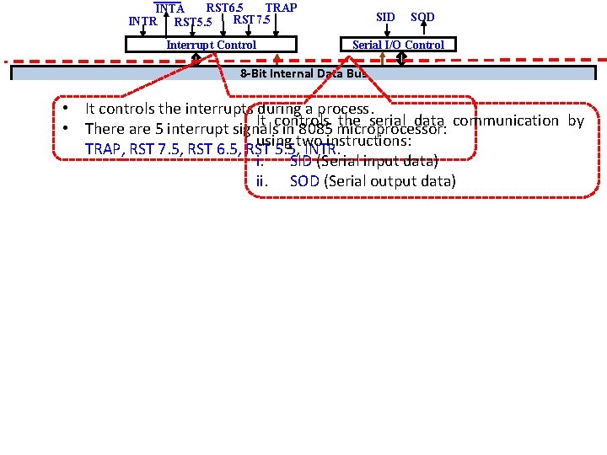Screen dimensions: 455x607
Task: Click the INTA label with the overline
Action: pyautogui.click(x=170, y=8)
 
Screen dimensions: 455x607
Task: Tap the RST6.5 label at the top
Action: pyautogui.click(x=225, y=8)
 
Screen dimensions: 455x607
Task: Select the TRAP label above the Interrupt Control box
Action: pyautogui.click(x=281, y=8)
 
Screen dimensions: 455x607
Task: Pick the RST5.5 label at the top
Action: pyautogui.click(x=193, y=20)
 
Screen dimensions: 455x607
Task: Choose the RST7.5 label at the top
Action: pyautogui.click(x=252, y=19)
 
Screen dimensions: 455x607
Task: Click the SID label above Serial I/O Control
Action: pyautogui.click(x=385, y=17)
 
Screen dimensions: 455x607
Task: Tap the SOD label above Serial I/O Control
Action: pyautogui.click(x=422, y=17)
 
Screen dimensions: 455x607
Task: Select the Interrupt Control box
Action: pyautogui.click(x=212, y=45)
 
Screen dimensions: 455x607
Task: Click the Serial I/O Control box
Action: pyautogui.click(x=398, y=45)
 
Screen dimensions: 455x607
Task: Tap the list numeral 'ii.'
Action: pyautogui.click(x=261, y=181)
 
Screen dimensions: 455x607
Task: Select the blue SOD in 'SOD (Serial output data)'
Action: pyautogui.click(x=304, y=181)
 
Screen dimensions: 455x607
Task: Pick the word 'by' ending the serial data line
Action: pyautogui.click(x=576, y=120)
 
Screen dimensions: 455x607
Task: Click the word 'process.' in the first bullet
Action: pyautogui.click(x=348, y=109)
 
